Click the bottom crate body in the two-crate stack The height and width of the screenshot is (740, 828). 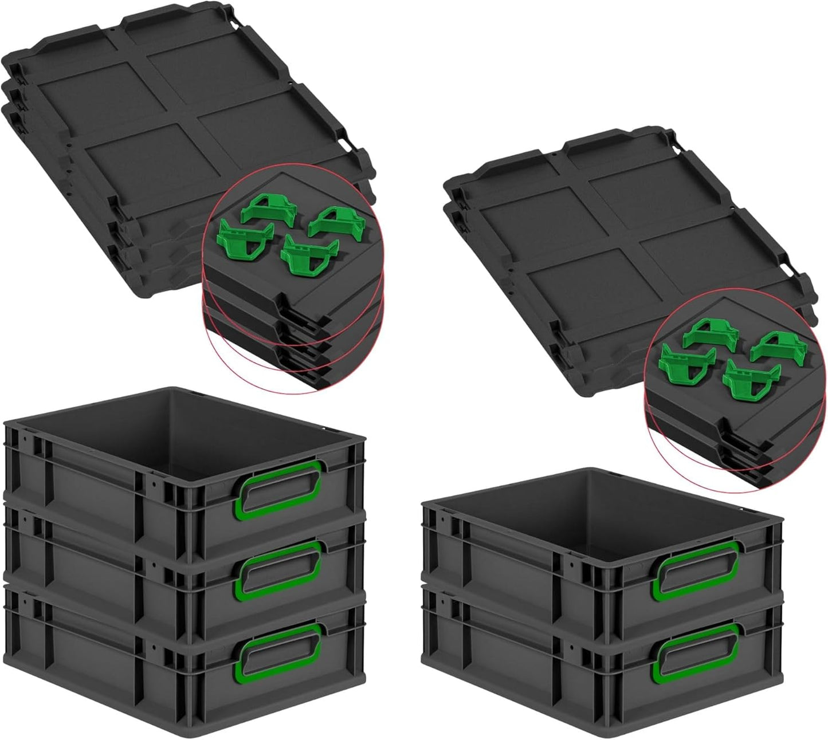pos(516,676)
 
